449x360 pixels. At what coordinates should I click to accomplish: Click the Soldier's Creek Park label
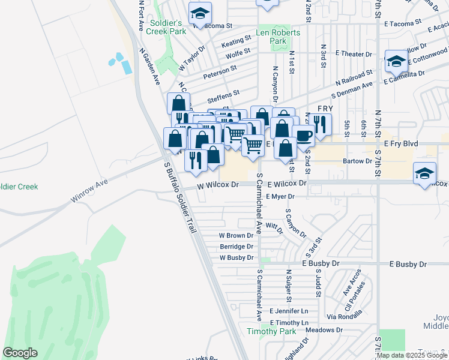166,27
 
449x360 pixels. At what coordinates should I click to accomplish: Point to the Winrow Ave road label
88,188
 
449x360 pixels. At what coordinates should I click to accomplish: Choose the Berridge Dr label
237,247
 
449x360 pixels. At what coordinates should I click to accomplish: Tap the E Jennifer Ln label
289,311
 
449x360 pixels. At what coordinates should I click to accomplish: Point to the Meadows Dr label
324,330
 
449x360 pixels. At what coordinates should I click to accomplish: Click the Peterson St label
220,73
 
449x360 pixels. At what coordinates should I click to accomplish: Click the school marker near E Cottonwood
396,61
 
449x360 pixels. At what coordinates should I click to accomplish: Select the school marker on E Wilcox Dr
424,174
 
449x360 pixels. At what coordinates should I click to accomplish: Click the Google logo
20,353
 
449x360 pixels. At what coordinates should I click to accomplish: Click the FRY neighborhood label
325,108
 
